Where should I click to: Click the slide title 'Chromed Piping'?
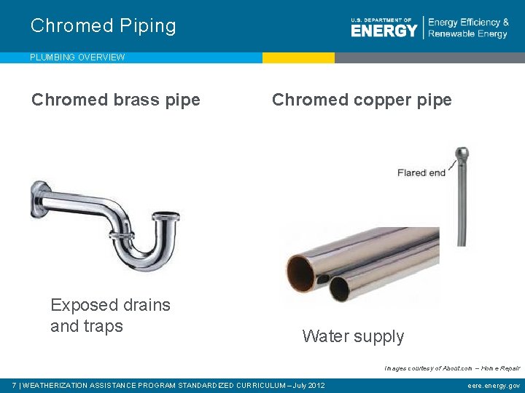[104, 26]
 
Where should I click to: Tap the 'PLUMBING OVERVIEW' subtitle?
[77, 57]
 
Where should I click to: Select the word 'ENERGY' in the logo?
[384, 31]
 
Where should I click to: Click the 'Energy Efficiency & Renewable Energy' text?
[468, 28]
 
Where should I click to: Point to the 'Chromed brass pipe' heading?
[116, 100]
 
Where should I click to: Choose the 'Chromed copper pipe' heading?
[362, 100]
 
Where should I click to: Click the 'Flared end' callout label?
[421, 172]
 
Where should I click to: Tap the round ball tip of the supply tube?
[462, 154]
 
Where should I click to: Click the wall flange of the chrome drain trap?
[37, 199]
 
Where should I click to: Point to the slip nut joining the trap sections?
[122, 235]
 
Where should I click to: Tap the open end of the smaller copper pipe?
[339, 289]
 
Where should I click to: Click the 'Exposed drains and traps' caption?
[110, 315]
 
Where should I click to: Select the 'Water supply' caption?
[353, 336]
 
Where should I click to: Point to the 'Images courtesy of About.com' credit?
[452, 368]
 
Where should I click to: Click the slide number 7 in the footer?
[15, 385]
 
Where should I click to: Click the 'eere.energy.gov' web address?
[494, 385]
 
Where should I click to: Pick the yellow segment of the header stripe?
[298, 57]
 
